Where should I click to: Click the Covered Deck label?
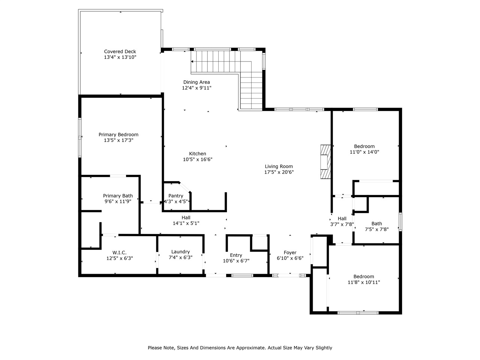120,52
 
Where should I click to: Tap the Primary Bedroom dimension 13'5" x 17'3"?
118,140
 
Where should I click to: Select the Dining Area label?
196,82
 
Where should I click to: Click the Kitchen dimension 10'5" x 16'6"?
198,159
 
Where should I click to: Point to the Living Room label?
279,166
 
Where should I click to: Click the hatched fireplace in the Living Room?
325,162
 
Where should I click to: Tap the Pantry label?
175,196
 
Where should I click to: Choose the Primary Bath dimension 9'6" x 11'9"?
118,201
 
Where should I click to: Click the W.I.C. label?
119,253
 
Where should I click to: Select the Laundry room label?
180,252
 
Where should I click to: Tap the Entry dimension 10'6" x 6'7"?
236,261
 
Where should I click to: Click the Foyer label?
290,253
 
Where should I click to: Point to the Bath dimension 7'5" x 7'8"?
376,229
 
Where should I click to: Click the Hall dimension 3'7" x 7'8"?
342,224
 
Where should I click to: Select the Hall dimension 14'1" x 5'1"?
186,223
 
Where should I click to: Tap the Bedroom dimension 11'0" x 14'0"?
364,152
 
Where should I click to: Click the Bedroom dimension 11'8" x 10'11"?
364,282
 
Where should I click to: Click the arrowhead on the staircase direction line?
192,61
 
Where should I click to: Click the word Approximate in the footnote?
252,348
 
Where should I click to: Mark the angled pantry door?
185,187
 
